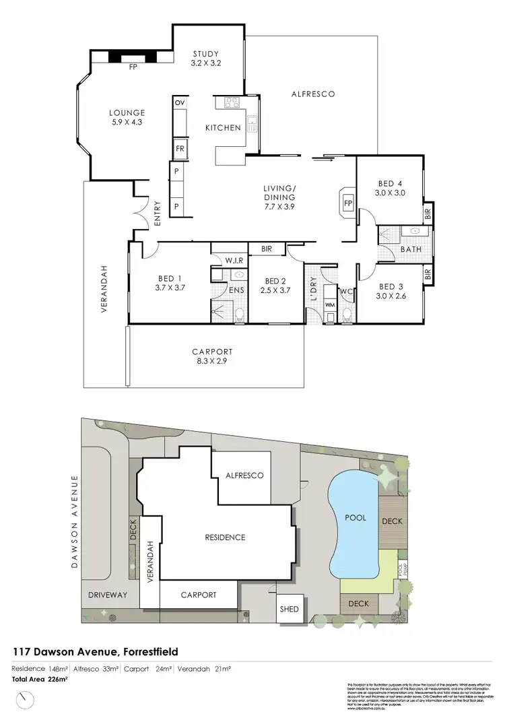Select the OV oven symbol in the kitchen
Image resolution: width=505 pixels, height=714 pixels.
[179, 102]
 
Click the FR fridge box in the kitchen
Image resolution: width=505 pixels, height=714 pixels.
[180, 148]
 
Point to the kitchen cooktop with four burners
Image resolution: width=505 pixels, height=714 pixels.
[232, 103]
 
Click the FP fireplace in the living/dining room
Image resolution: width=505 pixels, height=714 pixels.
[348, 202]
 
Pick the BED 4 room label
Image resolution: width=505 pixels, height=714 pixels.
[390, 188]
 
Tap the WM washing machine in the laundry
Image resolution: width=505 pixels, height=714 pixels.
[330, 304]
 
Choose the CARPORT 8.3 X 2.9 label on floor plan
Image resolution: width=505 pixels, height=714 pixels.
[212, 356]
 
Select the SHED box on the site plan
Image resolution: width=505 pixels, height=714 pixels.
[290, 609]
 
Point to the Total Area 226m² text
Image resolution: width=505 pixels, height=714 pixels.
[40, 679]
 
